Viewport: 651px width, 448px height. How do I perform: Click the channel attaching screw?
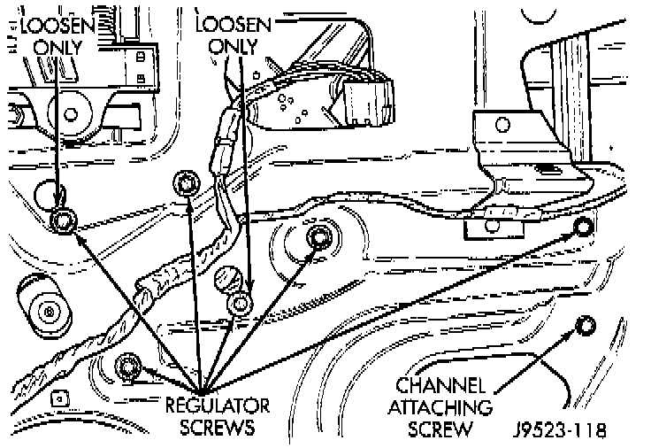point(584,325)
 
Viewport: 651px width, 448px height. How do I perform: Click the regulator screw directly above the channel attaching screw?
point(583,228)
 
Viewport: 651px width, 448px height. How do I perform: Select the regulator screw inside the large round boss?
point(320,237)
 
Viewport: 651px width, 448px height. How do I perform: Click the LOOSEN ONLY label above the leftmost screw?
point(57,34)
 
